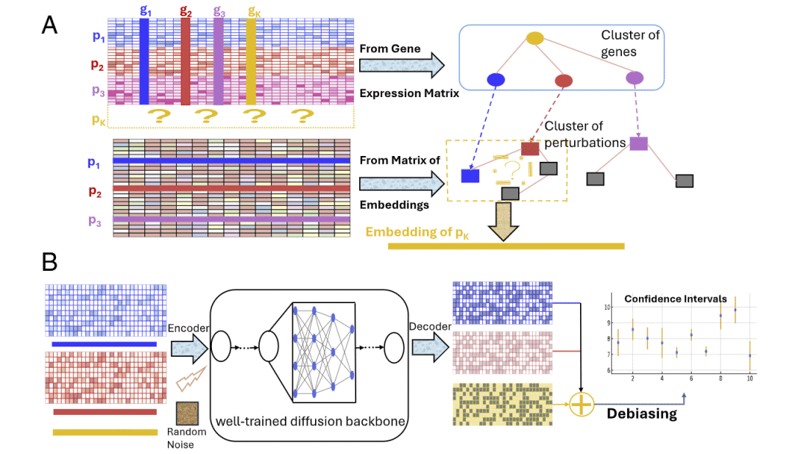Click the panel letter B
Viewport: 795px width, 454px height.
[x=49, y=261]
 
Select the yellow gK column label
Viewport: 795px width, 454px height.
[x=252, y=10]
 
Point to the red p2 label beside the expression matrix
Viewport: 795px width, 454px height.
[x=97, y=64]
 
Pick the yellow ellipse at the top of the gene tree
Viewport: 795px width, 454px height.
[x=535, y=38]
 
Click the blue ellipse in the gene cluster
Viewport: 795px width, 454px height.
[x=496, y=79]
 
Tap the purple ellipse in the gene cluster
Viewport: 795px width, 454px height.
[x=634, y=77]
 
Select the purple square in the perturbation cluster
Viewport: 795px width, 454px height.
[x=638, y=143]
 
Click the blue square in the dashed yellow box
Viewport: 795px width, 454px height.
[x=470, y=175]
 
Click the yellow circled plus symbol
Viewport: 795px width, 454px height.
[x=582, y=404]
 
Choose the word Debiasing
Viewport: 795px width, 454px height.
[x=641, y=414]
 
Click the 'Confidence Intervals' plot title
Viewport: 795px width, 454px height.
[x=675, y=299]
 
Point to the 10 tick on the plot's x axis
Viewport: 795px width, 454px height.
[x=749, y=378]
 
